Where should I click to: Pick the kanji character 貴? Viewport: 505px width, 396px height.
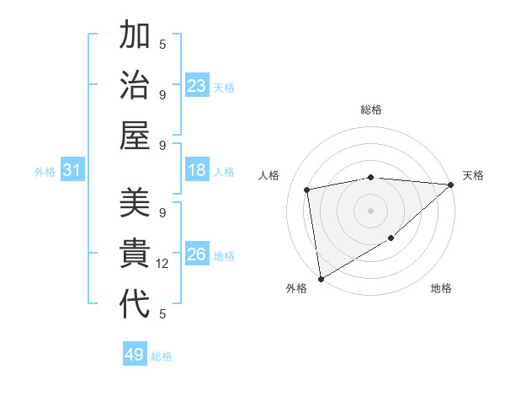(x=135, y=253)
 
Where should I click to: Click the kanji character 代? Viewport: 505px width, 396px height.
(x=135, y=303)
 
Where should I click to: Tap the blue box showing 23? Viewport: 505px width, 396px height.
(x=197, y=86)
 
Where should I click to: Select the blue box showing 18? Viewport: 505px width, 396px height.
(x=197, y=171)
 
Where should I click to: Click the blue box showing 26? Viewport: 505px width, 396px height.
(x=197, y=254)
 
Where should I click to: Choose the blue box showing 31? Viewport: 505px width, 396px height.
(x=72, y=171)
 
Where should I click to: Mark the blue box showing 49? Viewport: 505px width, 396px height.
(x=135, y=355)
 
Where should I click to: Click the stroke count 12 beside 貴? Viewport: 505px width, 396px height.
(x=162, y=264)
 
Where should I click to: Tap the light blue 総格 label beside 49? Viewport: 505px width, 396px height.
(x=162, y=356)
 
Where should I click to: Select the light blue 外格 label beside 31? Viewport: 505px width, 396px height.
(x=45, y=172)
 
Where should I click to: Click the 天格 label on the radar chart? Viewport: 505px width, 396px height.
(x=473, y=175)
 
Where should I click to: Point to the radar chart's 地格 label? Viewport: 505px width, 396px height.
(x=441, y=288)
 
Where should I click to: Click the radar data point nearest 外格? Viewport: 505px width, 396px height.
(x=321, y=278)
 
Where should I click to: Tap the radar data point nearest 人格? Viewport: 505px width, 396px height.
(x=307, y=190)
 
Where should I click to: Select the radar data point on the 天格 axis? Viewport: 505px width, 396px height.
(x=451, y=184)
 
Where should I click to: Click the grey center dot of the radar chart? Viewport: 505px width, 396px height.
(x=370, y=210)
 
